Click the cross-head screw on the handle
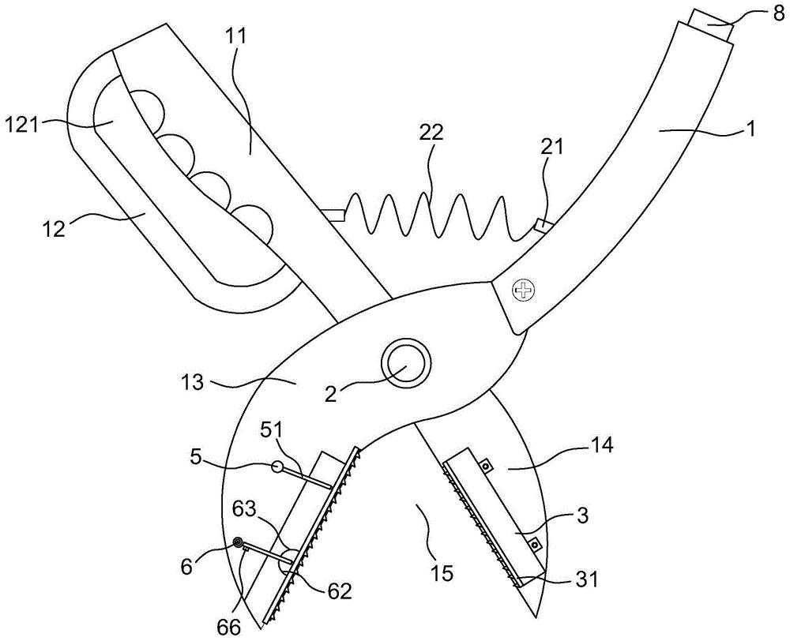pyautogui.click(x=522, y=290)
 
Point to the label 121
pyautogui.click(x=21, y=124)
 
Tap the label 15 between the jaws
pyautogui.click(x=441, y=572)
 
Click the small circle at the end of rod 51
pyautogui.click(x=277, y=467)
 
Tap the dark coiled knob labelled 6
pyautogui.click(x=238, y=542)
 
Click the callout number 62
pyautogui.click(x=339, y=592)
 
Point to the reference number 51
pyautogui.click(x=273, y=432)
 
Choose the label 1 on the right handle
pyautogui.click(x=750, y=130)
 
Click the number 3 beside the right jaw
pyautogui.click(x=582, y=516)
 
